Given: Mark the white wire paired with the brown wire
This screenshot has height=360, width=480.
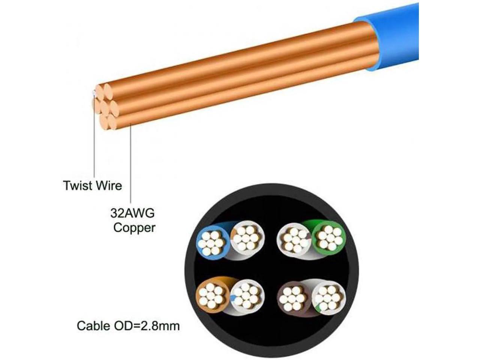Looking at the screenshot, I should point(328,296).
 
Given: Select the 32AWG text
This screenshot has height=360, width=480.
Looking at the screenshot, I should point(132,214).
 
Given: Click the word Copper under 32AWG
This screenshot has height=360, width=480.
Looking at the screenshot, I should point(134,228).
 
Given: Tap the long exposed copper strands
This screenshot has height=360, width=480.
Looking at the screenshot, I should point(240,71).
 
